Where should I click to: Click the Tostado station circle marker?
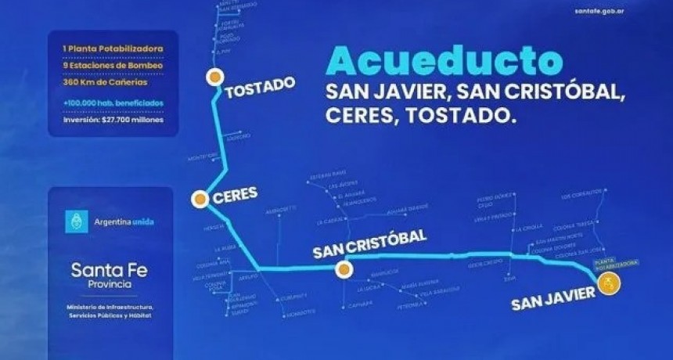(x=214, y=77)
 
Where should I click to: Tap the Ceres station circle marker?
(x=200, y=200)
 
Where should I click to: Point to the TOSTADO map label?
(x=260, y=87)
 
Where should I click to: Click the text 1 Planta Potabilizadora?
(x=113, y=49)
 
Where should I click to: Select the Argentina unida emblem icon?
(x=76, y=221)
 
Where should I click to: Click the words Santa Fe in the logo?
(x=109, y=270)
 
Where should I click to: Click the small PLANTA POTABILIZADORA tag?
(x=617, y=261)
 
